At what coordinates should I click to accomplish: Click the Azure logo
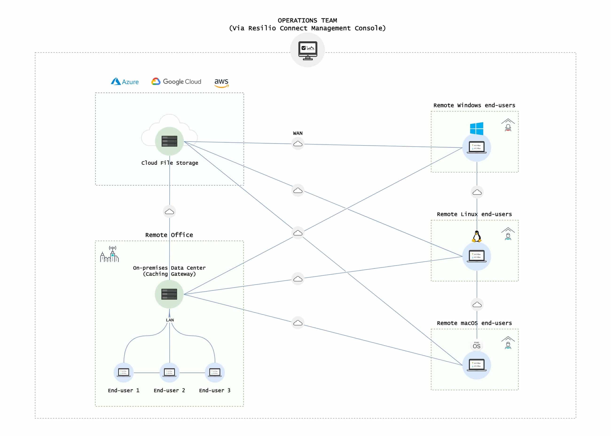click(125, 81)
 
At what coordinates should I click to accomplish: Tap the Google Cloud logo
click(176, 81)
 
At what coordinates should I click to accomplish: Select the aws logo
click(221, 82)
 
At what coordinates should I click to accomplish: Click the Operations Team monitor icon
click(308, 50)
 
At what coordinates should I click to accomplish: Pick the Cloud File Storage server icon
click(169, 141)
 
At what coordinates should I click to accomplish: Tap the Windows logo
click(477, 129)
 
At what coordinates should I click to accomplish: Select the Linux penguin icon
click(477, 236)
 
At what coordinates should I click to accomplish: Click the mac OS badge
click(477, 345)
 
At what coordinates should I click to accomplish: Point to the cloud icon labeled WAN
click(298, 144)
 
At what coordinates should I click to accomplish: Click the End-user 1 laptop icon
click(124, 373)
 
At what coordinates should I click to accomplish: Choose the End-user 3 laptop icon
click(215, 373)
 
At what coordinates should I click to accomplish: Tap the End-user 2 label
click(169, 390)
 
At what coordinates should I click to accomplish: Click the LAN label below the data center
click(170, 320)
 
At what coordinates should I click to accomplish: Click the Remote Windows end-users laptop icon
click(477, 147)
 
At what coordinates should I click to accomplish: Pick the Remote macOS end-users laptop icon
click(477, 365)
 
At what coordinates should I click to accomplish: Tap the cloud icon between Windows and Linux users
click(477, 192)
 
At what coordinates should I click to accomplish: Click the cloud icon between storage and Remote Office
click(169, 212)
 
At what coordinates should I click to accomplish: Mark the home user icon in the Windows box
click(508, 125)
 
